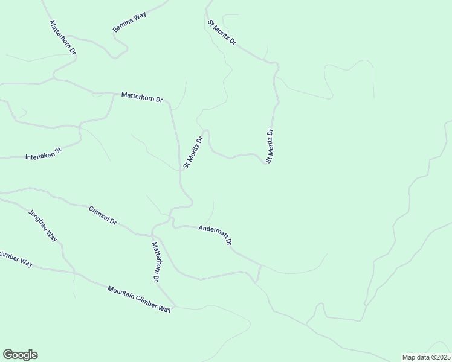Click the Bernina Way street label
point(129,22)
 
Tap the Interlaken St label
point(44,154)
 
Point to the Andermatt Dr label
point(216,234)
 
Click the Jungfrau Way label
point(42,226)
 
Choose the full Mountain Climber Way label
point(139,299)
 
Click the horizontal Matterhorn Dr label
point(142,97)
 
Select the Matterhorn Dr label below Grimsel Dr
point(155,262)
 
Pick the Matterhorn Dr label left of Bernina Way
point(63,37)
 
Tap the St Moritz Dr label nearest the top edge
point(222,34)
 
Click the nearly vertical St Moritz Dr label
point(270,146)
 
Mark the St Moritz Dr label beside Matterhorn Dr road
point(193,152)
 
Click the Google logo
point(20,355)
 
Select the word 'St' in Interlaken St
point(59,151)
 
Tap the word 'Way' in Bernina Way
point(140,16)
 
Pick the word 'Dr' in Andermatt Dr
point(229,241)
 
